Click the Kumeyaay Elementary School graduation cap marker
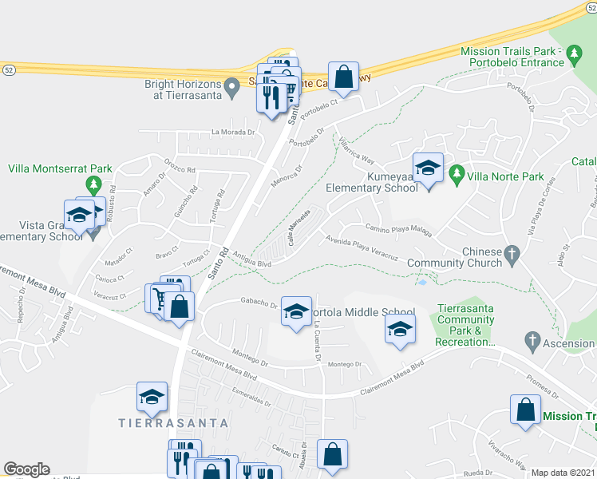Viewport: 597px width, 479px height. pyautogui.click(x=428, y=168)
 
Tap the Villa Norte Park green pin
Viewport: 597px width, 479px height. pyautogui.click(x=457, y=172)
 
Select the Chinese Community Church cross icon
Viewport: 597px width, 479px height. pyautogui.click(x=512, y=256)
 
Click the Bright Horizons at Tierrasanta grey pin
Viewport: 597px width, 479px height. pyautogui.click(x=232, y=87)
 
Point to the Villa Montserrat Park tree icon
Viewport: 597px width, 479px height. pyautogui.click(x=94, y=186)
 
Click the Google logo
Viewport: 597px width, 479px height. pyautogui.click(x=26, y=469)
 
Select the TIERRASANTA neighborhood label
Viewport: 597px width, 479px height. pyautogui.click(x=173, y=422)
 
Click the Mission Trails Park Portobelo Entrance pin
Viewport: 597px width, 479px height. pyautogui.click(x=573, y=55)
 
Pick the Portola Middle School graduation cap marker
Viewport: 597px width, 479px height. pyautogui.click(x=296, y=311)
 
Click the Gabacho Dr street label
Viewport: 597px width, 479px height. pyautogui.click(x=257, y=303)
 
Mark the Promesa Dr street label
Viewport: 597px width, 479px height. pyautogui.click(x=542, y=386)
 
